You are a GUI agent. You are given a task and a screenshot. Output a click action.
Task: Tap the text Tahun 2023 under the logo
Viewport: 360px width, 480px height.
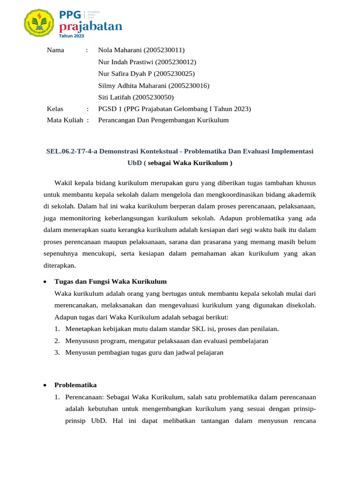tap(72, 35)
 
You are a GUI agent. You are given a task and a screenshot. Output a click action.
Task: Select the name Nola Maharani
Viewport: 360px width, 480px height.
tap(120, 50)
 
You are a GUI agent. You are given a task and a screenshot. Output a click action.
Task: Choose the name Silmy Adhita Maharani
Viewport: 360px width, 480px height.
tap(133, 85)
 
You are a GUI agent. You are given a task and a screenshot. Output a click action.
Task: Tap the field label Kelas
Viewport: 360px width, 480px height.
tap(55, 109)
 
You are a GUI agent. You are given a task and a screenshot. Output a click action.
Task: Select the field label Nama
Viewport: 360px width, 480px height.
tap(56, 50)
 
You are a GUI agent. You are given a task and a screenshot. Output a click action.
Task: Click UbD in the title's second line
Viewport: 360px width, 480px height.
tap(135, 163)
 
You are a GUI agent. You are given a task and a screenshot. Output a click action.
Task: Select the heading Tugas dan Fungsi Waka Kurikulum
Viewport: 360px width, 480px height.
tap(111, 281)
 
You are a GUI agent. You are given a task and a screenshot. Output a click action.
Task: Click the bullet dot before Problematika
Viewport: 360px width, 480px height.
tap(44, 385)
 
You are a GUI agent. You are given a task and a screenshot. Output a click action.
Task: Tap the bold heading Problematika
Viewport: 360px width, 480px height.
tap(75, 385)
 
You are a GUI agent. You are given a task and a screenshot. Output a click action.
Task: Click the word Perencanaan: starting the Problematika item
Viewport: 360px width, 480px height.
tap(85, 397)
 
